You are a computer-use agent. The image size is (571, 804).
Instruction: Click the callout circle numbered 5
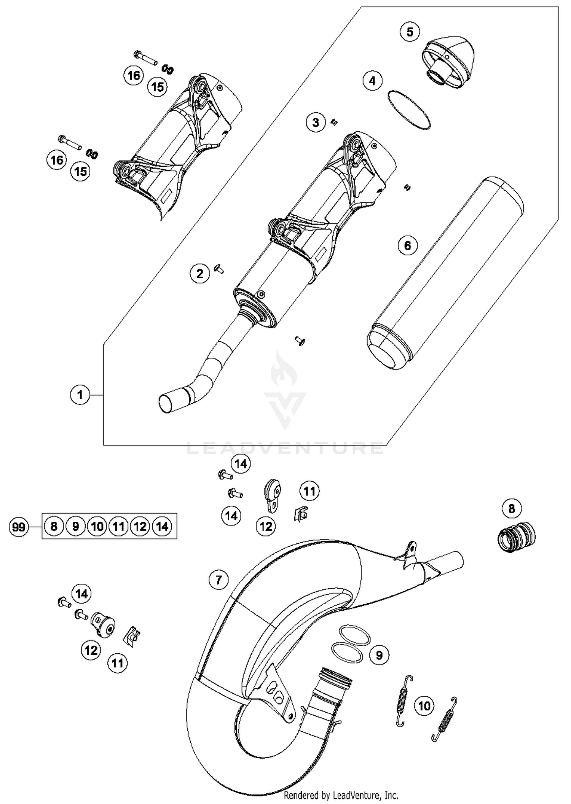[x=410, y=32]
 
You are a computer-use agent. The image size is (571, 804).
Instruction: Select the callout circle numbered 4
[x=372, y=81]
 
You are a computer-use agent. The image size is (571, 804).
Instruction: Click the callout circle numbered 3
[x=316, y=123]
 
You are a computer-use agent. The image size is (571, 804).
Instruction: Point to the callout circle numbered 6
[x=407, y=245]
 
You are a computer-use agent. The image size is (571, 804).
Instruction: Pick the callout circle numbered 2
[x=200, y=273]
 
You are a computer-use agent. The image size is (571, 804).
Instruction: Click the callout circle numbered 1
[x=80, y=395]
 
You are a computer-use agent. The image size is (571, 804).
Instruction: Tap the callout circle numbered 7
[x=219, y=580]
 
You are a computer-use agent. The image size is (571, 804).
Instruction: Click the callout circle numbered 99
[x=19, y=527]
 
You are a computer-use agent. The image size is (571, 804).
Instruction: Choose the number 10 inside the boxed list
[x=97, y=527]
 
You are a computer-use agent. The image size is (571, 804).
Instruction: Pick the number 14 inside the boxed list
[x=162, y=527]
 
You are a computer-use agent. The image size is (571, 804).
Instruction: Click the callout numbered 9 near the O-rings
[x=379, y=655]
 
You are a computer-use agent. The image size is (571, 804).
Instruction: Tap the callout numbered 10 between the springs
[x=424, y=706]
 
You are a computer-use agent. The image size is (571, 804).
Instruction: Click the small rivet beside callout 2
[x=219, y=269]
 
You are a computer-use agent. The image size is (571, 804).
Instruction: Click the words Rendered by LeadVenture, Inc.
[x=341, y=795]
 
